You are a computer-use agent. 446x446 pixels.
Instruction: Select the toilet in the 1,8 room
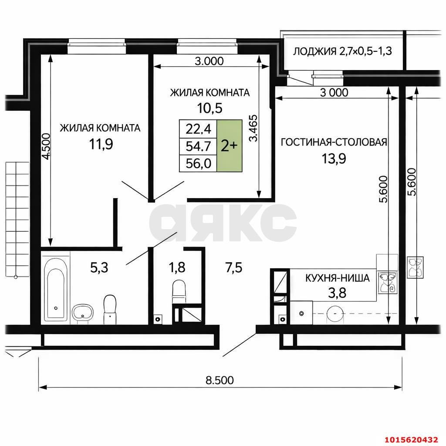pos(179,291)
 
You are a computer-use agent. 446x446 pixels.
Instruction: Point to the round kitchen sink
pos(335,313)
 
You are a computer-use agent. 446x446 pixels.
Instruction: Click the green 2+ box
pos(229,145)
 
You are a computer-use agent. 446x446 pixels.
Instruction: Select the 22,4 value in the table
pos(198,128)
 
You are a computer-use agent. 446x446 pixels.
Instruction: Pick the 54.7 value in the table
pos(198,146)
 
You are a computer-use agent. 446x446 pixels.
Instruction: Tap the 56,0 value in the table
pos(198,163)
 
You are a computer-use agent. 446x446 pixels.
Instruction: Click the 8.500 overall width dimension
pos(220,380)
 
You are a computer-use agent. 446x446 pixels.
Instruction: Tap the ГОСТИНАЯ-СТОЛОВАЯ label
pos(334,142)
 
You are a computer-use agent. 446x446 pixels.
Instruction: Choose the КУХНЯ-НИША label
pos(338,278)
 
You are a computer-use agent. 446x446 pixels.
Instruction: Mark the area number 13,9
pos(334,159)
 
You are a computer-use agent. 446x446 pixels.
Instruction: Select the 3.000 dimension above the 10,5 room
pos(209,61)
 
